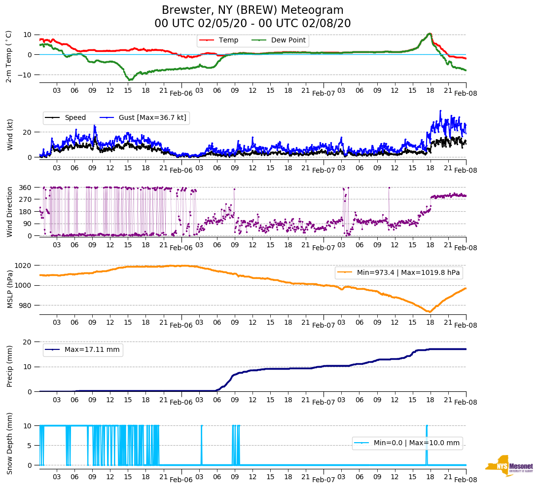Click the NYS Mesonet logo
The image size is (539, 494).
click(x=509, y=466)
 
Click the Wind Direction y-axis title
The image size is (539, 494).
click(x=10, y=211)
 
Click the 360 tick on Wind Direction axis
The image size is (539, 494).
click(x=26, y=188)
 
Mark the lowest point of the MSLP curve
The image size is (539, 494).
click(x=430, y=312)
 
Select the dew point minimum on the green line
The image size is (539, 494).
click(x=130, y=79)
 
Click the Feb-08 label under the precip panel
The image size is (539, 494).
click(x=466, y=402)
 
